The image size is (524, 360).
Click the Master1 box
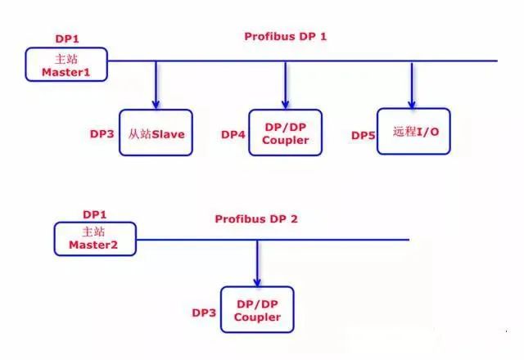coord(66,64)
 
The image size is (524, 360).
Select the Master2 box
coord(95,237)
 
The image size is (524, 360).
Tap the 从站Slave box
coord(156,133)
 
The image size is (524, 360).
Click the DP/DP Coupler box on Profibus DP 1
coord(286,133)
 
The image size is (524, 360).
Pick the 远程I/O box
coord(413,131)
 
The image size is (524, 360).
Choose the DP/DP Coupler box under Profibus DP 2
coord(257,309)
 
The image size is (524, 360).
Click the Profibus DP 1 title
coord(285,37)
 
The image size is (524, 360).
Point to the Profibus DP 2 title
coord(255,218)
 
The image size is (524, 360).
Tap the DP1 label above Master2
coord(95,214)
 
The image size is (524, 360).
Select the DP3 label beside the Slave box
coord(102,133)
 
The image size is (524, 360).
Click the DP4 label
coord(233,133)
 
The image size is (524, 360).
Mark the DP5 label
coord(363,134)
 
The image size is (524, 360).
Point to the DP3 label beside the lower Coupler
coord(204,312)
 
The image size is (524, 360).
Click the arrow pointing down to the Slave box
coord(156,85)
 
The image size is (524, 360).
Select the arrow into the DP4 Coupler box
coord(286,85)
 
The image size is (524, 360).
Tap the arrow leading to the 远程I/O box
coord(412,85)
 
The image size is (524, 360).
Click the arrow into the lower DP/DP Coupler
coord(257,263)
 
